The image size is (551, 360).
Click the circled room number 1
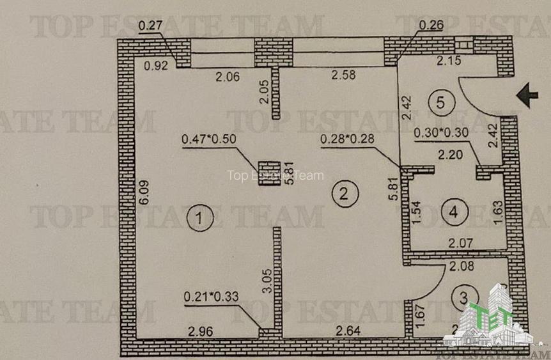[199, 217]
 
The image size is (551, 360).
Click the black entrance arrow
[527, 97]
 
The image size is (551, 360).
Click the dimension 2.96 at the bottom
[199, 331]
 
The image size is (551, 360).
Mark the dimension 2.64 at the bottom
[343, 331]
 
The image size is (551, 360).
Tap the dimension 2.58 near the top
[343, 76]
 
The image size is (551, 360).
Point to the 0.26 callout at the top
[431, 26]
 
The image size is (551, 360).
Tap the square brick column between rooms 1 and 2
[269, 173]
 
